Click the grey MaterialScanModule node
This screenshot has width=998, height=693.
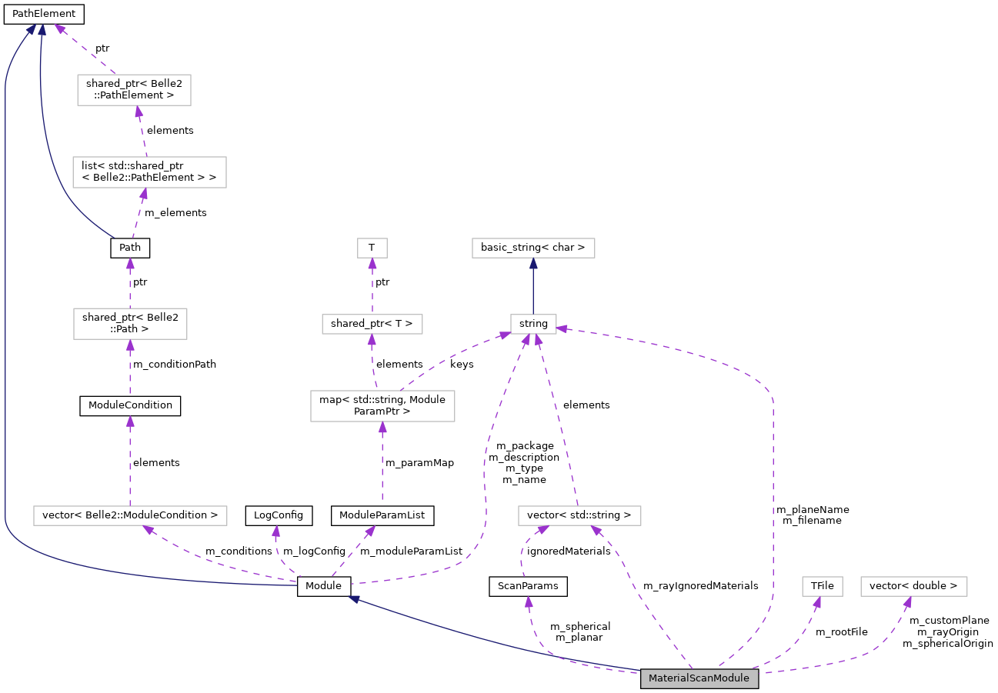[x=699, y=678]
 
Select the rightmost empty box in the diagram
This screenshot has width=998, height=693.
[x=913, y=586]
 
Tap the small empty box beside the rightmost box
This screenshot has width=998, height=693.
[x=822, y=586]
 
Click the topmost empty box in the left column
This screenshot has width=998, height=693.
[x=134, y=90]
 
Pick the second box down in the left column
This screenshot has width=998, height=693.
[x=149, y=172]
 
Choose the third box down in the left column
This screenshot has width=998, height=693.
[x=130, y=324]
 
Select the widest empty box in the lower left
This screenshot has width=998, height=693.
[x=130, y=515]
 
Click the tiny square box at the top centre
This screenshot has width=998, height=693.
[x=372, y=248]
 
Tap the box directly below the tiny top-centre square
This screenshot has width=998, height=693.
[x=372, y=324]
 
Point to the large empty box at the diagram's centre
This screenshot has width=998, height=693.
[x=382, y=406]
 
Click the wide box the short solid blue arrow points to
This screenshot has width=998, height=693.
[x=533, y=248]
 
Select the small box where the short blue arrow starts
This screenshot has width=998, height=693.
[x=533, y=324]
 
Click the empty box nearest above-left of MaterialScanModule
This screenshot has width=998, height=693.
[x=579, y=515]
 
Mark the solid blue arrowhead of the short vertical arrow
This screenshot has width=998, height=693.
[x=533, y=264]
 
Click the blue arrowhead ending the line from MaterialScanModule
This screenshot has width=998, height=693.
[x=354, y=598]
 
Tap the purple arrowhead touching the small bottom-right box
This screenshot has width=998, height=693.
[x=817, y=602]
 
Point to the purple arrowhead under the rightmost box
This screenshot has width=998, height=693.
[x=908, y=602]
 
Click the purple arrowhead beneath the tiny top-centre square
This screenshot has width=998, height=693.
[x=372, y=264]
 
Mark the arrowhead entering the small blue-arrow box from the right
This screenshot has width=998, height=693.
[x=562, y=328]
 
